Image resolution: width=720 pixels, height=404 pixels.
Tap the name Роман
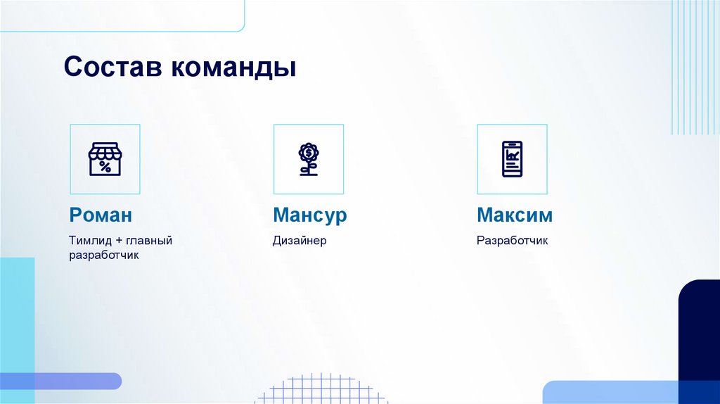(101, 215)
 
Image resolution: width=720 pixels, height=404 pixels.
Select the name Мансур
(310, 215)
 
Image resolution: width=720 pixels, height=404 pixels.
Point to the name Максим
(515, 215)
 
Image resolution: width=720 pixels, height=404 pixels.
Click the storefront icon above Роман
(105, 159)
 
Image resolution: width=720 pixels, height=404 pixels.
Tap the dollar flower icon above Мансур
(308, 159)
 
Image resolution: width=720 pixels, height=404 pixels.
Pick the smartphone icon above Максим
(512, 159)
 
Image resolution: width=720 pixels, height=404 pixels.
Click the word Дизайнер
(300, 241)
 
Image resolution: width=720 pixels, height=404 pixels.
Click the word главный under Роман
(150, 241)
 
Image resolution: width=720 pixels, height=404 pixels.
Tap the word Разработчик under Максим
(512, 241)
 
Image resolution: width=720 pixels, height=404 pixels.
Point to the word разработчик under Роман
(104, 255)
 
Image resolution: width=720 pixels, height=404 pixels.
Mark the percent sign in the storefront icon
(105, 167)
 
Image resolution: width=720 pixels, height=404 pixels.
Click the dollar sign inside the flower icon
(308, 152)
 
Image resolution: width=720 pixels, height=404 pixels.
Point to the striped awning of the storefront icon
(105, 152)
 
